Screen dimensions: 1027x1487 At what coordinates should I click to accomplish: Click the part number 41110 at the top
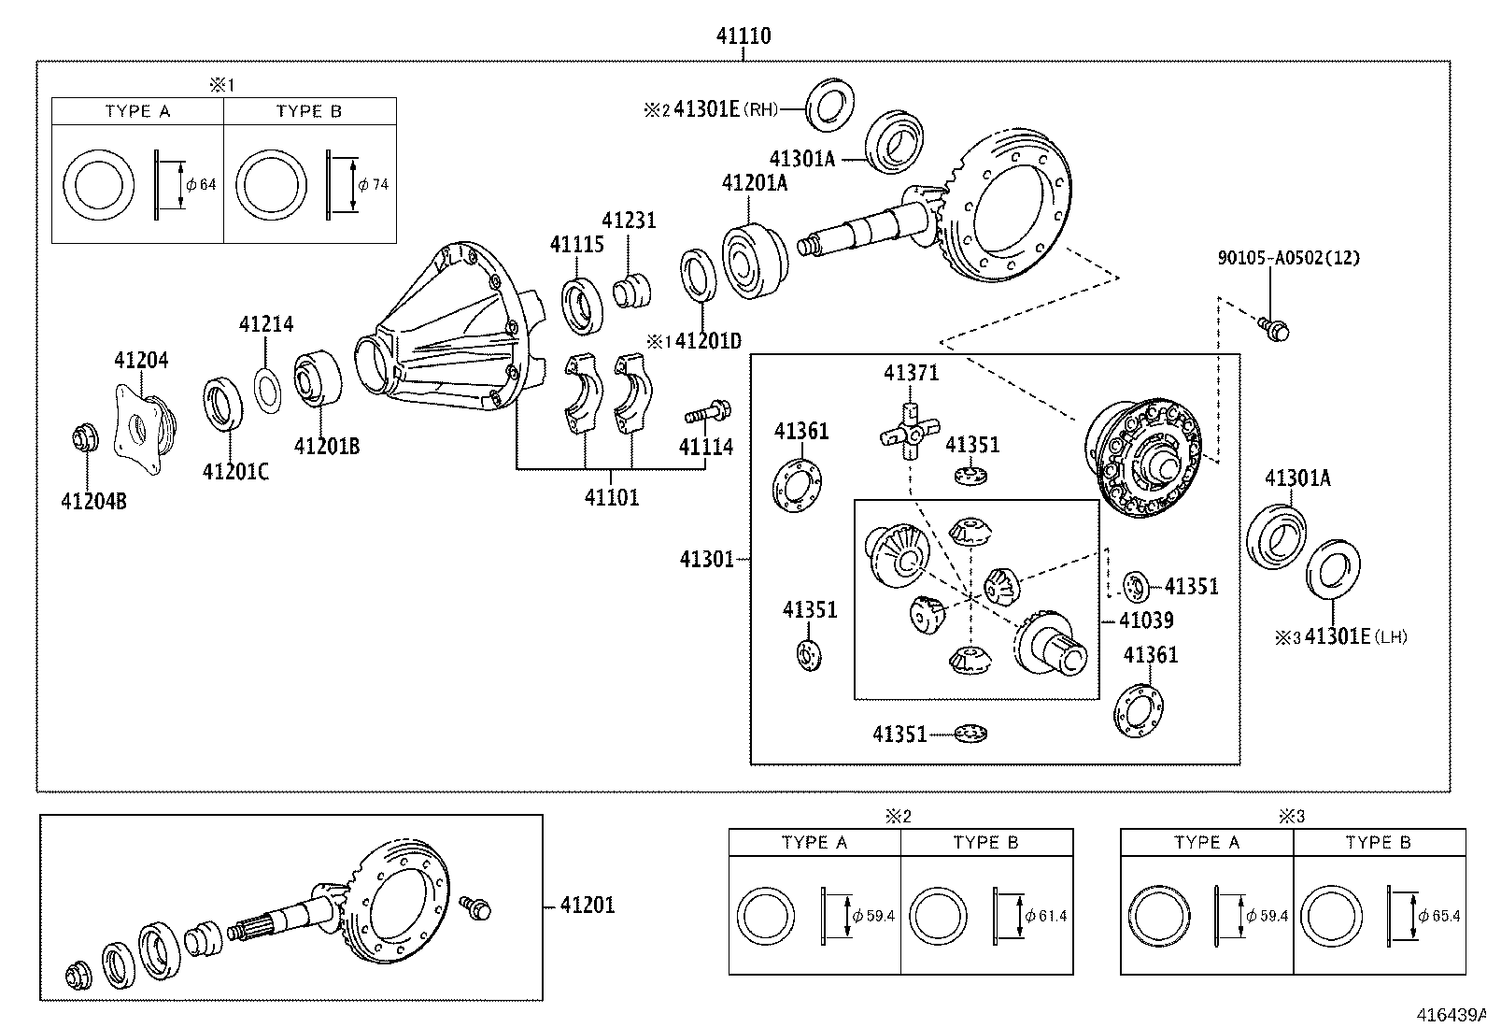[x=743, y=36]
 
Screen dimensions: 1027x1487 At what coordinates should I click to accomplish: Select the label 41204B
[x=93, y=502]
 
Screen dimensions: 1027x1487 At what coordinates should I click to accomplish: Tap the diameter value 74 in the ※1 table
[x=379, y=184]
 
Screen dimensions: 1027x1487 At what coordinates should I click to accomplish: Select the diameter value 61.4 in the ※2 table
[x=1052, y=916]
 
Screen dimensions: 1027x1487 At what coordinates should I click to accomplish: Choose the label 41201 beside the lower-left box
[x=588, y=905]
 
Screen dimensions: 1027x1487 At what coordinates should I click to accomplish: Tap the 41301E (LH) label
[x=1354, y=637]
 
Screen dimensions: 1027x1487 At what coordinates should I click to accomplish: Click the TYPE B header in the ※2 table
[x=985, y=842]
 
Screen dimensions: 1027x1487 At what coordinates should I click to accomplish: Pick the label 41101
[x=612, y=497]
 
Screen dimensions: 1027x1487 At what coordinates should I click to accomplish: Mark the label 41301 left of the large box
[x=707, y=559]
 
